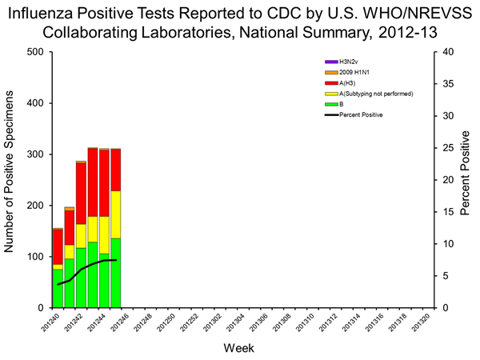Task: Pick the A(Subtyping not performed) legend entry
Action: pyautogui.click(x=373, y=94)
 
